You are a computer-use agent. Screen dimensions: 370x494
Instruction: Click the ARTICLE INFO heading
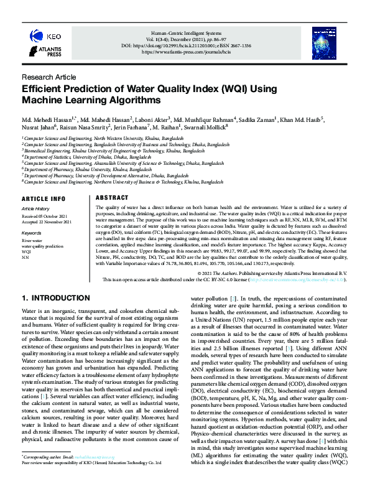coord(43,198)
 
